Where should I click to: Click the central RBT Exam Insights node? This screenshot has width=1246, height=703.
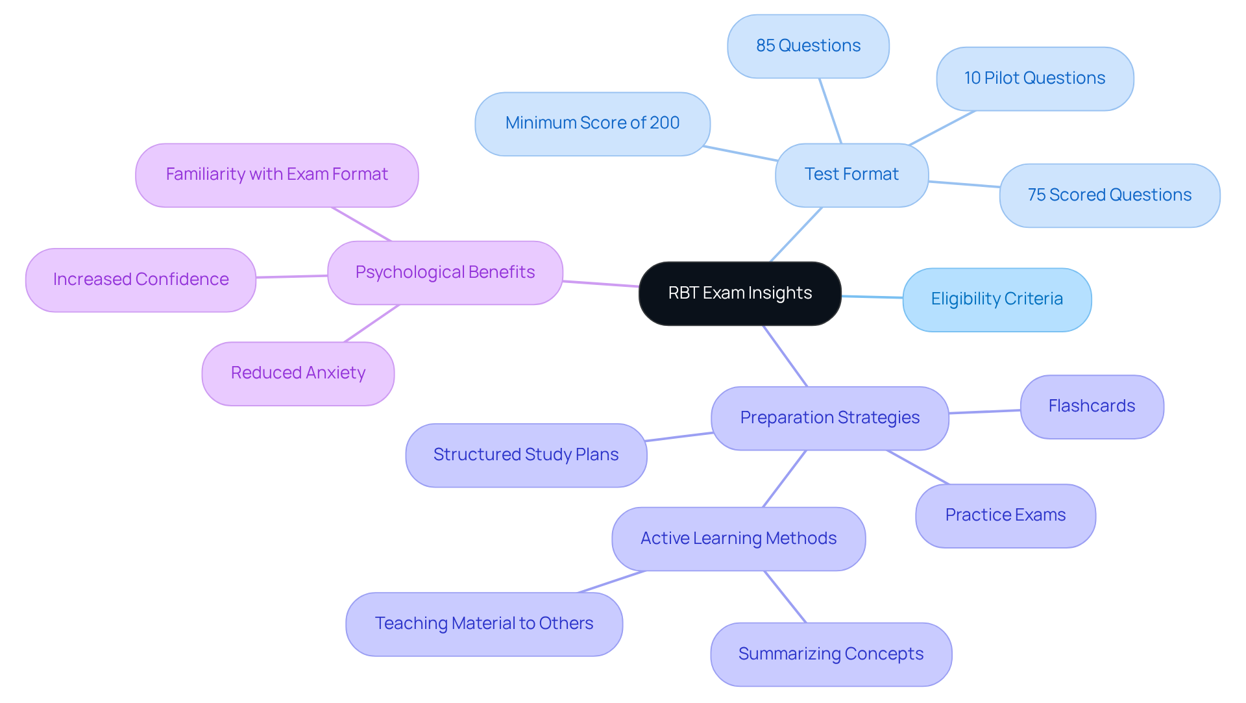(740, 293)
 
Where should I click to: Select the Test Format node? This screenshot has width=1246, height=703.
(851, 175)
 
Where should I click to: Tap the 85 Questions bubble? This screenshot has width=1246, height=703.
(808, 46)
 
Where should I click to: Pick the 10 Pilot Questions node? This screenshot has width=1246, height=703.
(1034, 79)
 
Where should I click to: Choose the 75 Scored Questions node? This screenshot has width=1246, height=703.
(1109, 195)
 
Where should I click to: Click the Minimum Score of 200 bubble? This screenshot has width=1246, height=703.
(592, 123)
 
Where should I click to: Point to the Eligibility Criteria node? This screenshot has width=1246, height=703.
(997, 299)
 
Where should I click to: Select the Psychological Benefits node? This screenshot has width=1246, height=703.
(445, 273)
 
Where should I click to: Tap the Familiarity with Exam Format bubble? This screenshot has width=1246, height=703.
(276, 175)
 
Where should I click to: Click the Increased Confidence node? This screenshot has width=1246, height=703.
(141, 280)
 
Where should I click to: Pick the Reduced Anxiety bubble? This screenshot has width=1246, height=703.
(298, 373)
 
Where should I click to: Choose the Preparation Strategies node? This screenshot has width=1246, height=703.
(829, 418)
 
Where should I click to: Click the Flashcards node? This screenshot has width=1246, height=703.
(1092, 406)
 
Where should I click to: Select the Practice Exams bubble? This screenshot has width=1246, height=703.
(1005, 515)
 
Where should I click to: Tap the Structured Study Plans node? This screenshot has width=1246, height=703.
(526, 455)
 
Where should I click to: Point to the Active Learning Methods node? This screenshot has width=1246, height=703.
(738, 539)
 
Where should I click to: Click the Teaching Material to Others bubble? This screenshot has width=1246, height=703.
(484, 624)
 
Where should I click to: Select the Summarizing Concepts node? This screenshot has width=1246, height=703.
(831, 654)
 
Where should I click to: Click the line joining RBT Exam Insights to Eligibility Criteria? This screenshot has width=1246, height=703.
(872, 297)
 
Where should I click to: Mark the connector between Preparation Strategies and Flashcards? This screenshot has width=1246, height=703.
(984, 412)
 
